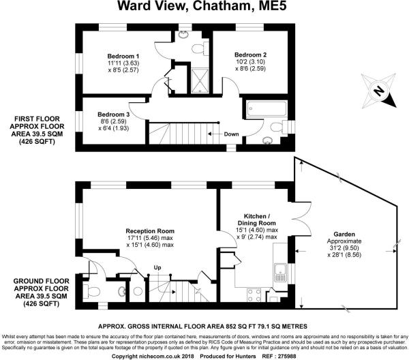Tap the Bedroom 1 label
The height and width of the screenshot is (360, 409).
pyautogui.click(x=124, y=55)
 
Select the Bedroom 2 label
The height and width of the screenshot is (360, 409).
pyautogui.click(x=250, y=54)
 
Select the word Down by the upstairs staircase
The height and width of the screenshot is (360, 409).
pyautogui.click(x=232, y=134)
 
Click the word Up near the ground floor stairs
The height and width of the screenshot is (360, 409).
pyautogui.click(x=157, y=267)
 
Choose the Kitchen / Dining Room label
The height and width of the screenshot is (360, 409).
pyautogui.click(x=256, y=220)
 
